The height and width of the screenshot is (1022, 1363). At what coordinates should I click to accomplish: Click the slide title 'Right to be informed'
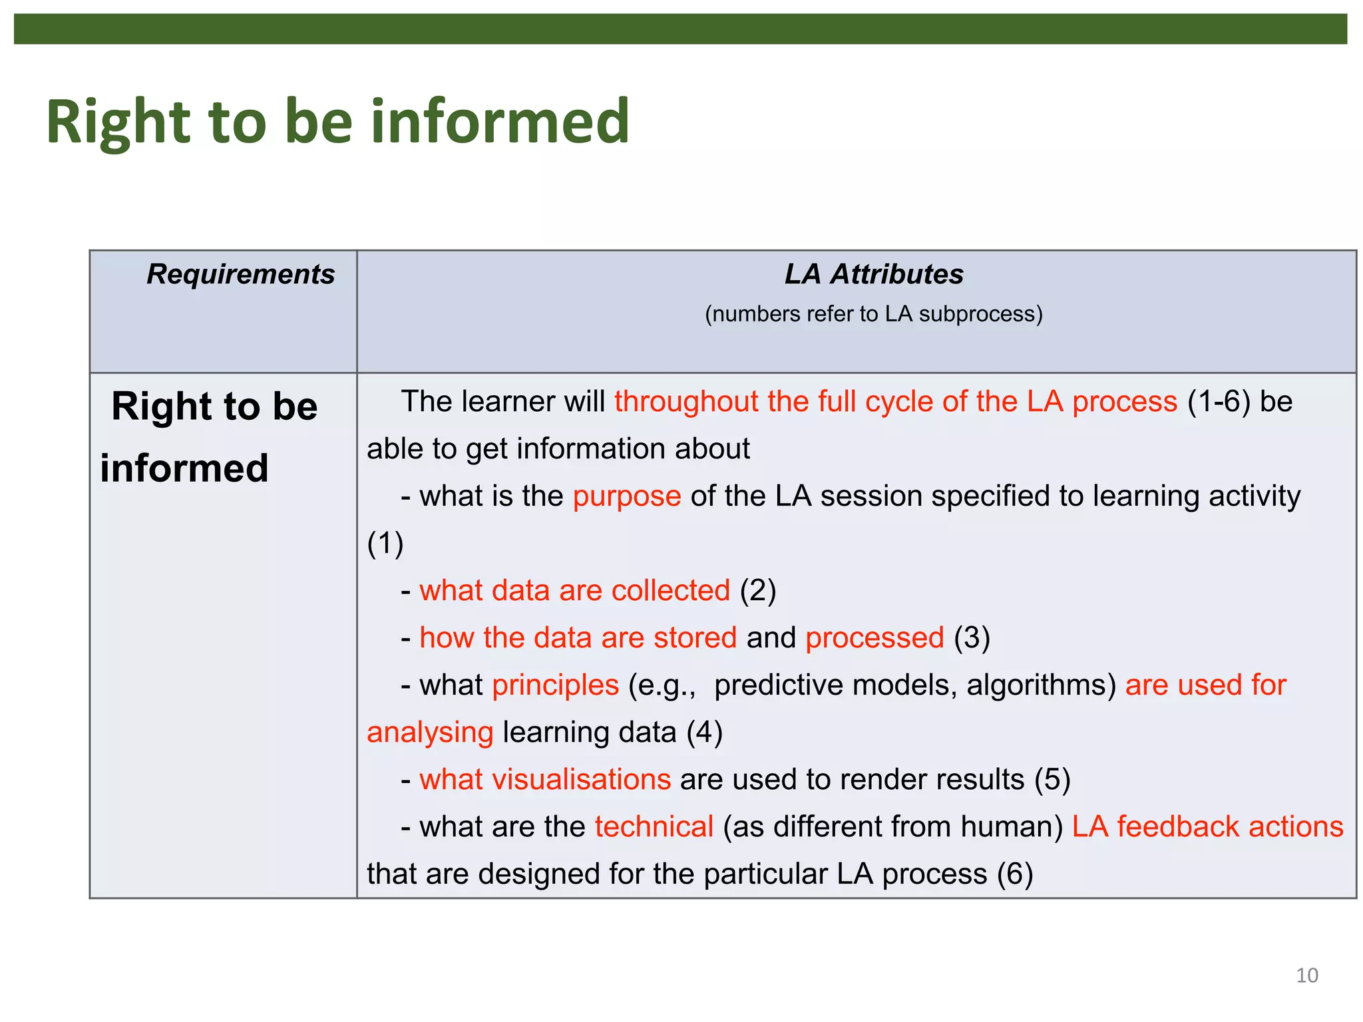pos(337,122)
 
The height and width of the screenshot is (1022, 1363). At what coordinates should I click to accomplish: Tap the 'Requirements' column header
pos(240,274)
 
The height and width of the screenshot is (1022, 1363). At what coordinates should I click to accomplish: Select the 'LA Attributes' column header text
pos(873,274)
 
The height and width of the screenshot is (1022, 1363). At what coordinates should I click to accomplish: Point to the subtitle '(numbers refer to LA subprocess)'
pos(873,313)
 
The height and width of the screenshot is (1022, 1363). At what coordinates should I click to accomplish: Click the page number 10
pos(1306,975)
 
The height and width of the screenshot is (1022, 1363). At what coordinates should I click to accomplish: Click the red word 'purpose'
pos(626,496)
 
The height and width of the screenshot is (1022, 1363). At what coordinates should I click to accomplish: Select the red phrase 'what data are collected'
pos(574,591)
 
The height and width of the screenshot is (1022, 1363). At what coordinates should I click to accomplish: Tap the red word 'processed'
pos(875,638)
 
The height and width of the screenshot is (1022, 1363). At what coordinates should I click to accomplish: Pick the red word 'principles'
pos(555,685)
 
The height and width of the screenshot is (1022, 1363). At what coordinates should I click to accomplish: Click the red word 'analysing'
pos(430,733)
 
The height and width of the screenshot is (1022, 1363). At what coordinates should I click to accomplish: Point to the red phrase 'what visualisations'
pos(544,780)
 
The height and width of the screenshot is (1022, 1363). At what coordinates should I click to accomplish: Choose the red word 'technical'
pos(654,827)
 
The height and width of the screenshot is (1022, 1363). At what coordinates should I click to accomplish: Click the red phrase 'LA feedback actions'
pos(1207,827)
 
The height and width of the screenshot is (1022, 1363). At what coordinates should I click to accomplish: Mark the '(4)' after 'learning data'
pos(704,733)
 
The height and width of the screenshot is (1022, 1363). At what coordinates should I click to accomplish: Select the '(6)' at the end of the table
pos(1014,874)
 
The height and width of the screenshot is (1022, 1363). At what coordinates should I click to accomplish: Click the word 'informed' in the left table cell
pos(184,468)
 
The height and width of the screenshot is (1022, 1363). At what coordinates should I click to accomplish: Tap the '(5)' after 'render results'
pos(1052,780)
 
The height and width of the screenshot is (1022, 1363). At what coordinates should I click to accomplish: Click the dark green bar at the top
pos(680,29)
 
